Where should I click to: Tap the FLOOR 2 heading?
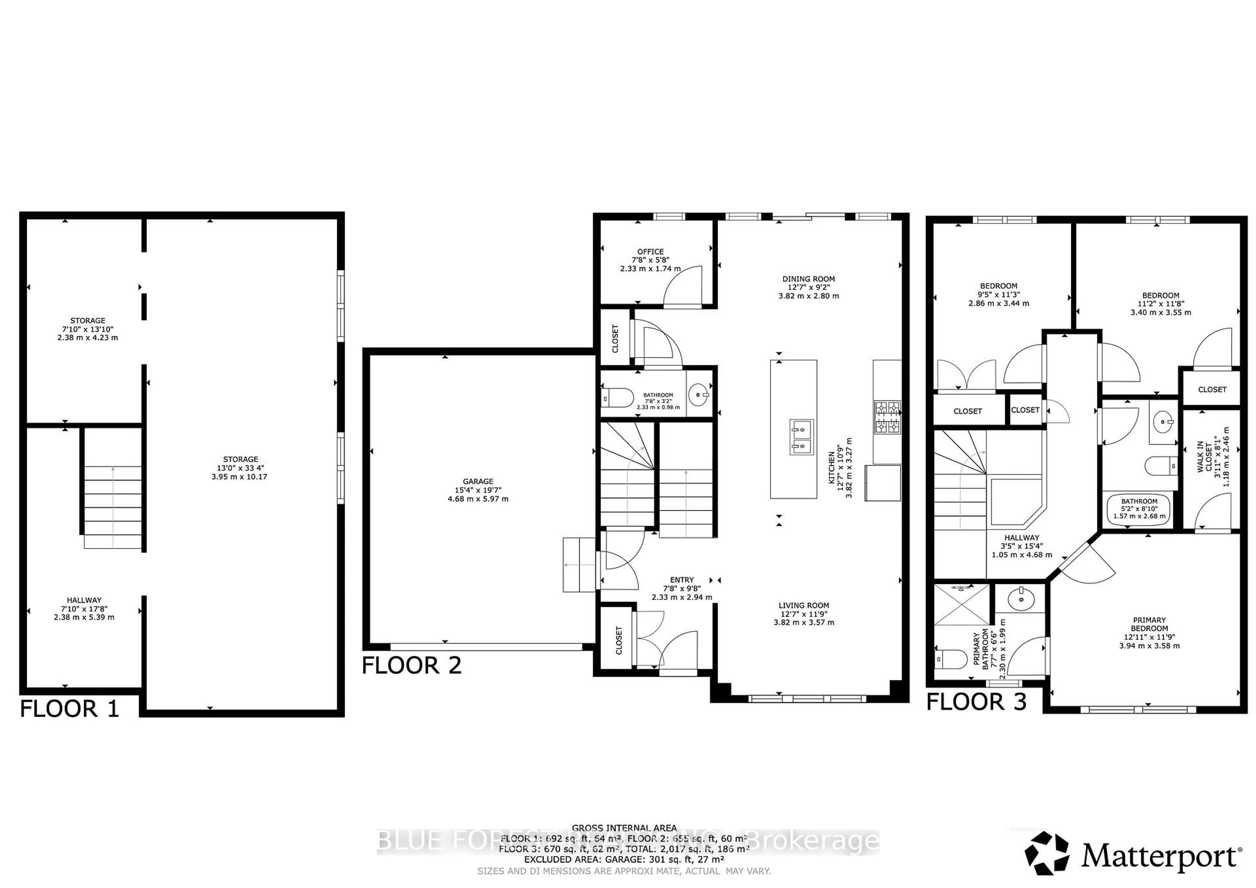pyautogui.click(x=411, y=665)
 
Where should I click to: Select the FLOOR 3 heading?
pyautogui.click(x=976, y=702)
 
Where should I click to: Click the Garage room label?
pyautogui.click(x=478, y=490)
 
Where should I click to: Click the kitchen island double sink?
pyautogui.click(x=801, y=437)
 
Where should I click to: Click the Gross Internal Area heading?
pyautogui.click(x=624, y=828)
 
